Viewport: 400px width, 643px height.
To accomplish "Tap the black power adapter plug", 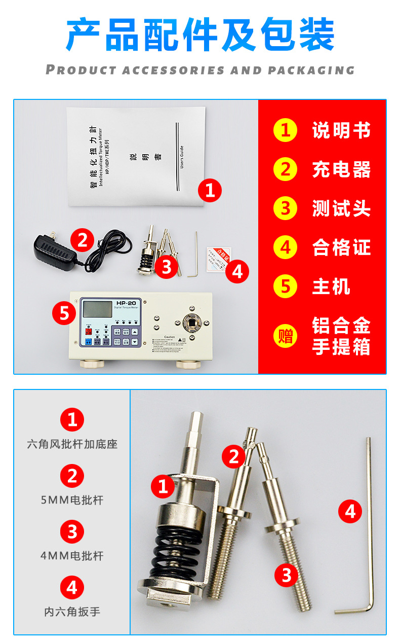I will pos(53,248).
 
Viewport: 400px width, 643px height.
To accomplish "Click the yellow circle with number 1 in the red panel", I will pos(285,130).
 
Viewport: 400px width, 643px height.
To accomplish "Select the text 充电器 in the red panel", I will pos(341,170).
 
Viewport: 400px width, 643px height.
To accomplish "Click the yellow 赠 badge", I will pos(285,336).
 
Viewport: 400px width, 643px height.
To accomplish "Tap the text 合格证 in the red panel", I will pos(341,248).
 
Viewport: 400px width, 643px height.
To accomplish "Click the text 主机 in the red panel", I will pos(331,287).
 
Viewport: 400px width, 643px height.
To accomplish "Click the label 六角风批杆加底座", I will pos(72,444).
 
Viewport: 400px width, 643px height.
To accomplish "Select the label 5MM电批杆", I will pos(72,500).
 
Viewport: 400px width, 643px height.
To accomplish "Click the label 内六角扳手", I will pos(72,612).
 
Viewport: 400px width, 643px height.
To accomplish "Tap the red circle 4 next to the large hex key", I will pos(350,511).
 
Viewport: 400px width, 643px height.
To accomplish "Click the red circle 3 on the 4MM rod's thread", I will pos(287,575).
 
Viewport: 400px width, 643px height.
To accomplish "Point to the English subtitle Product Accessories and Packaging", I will pos(200,70).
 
